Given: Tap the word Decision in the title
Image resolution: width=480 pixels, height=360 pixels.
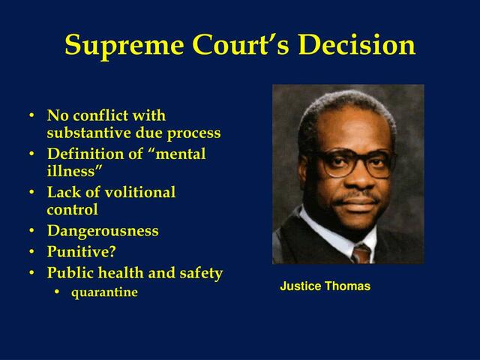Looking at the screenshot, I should [356, 45].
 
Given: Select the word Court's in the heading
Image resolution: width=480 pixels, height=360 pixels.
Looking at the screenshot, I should [238, 45].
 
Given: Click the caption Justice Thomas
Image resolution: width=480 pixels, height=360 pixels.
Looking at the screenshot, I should [325, 286].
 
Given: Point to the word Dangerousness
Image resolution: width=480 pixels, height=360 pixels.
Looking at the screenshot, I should [103, 231].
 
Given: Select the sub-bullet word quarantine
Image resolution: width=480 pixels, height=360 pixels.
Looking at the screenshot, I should [104, 292].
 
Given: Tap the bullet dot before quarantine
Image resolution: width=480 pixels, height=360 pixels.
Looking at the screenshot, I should [58, 292].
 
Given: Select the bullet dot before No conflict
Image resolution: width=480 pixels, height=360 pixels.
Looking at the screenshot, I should [31, 117].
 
